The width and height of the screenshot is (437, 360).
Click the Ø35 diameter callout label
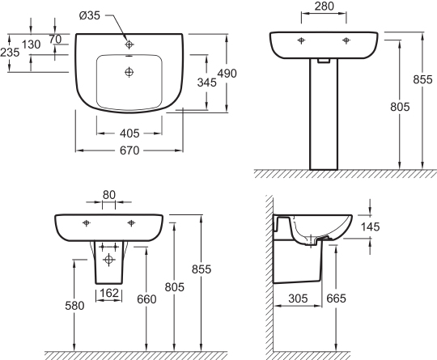click(x=90, y=15)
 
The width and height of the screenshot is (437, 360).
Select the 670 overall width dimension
click(x=129, y=150)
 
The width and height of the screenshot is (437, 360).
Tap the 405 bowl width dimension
click(x=129, y=133)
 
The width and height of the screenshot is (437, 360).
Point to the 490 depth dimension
click(x=227, y=74)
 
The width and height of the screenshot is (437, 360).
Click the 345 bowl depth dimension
click(x=207, y=83)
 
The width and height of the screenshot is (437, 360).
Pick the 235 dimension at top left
click(x=10, y=52)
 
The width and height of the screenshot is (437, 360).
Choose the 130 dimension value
click(x=32, y=44)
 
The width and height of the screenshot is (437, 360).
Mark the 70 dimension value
click(x=55, y=40)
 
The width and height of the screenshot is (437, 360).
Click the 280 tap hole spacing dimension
click(x=325, y=6)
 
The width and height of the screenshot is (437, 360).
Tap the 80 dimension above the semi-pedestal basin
click(x=109, y=195)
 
